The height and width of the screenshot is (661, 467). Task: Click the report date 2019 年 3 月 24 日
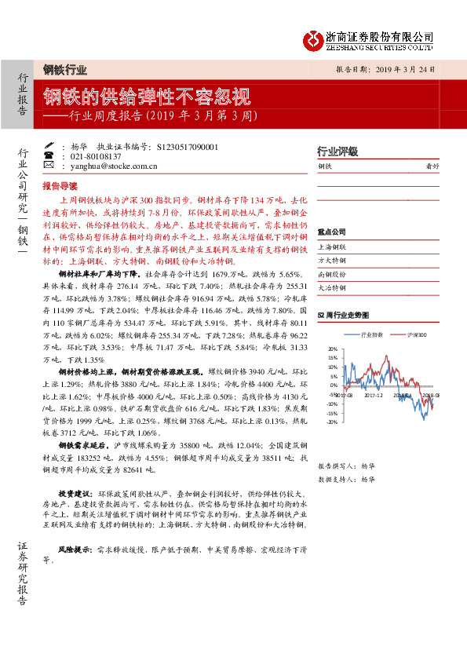(x=398, y=69)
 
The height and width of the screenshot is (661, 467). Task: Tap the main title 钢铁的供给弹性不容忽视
(x=147, y=97)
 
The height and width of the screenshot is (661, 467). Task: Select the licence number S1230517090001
(x=188, y=147)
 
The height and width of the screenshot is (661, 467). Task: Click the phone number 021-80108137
(x=97, y=156)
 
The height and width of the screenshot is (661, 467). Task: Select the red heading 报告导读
(x=60, y=186)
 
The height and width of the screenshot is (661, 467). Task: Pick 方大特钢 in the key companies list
(x=331, y=260)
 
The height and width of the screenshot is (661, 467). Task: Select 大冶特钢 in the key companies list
(x=331, y=288)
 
